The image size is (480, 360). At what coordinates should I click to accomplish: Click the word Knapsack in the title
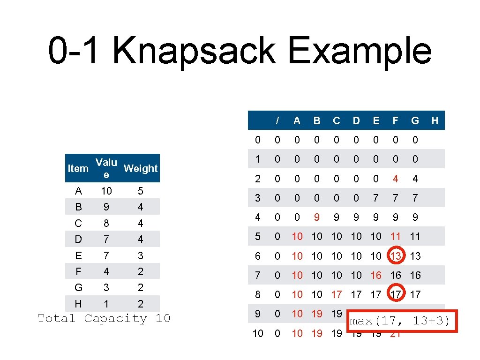(194, 51)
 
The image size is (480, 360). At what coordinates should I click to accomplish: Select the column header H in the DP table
(435, 121)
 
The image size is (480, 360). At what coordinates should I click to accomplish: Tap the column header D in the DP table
(356, 121)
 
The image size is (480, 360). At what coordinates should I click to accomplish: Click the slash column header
(277, 121)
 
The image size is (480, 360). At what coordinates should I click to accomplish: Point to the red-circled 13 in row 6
(396, 256)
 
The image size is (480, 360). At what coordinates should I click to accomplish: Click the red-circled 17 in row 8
(396, 294)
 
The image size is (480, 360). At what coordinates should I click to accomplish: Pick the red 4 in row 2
(396, 179)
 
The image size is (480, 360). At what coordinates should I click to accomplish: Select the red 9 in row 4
(317, 217)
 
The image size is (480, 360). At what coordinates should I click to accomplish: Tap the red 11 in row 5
(396, 237)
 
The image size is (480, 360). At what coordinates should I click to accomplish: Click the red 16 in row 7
(376, 275)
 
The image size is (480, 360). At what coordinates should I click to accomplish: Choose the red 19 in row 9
(317, 314)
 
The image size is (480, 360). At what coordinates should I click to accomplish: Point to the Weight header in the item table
(141, 168)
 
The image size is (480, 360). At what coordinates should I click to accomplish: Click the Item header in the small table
(78, 168)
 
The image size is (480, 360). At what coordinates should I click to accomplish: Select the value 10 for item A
(106, 191)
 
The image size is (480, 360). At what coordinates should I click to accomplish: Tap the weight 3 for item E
(141, 255)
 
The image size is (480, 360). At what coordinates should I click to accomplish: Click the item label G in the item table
(78, 287)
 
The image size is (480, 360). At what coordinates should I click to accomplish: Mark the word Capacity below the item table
(116, 319)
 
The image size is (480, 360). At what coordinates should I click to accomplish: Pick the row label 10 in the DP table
(258, 333)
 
